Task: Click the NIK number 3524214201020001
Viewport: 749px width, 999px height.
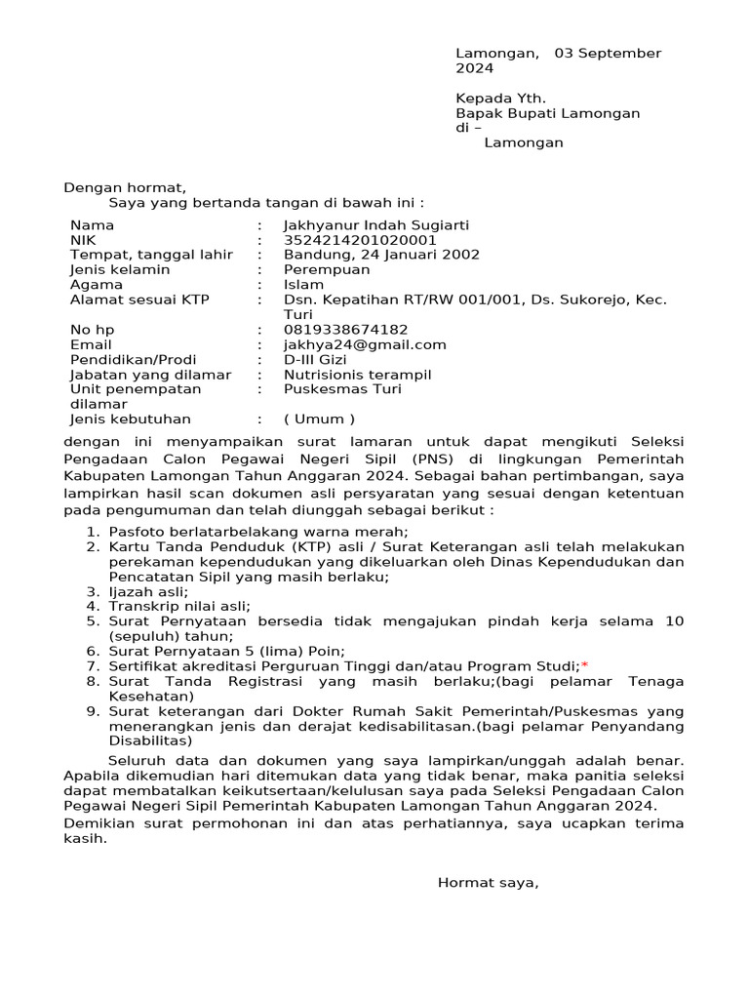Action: point(360,240)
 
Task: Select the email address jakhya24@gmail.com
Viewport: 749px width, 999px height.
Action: point(365,344)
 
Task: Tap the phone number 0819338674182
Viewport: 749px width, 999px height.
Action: point(345,330)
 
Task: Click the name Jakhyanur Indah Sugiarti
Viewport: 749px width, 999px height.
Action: point(375,225)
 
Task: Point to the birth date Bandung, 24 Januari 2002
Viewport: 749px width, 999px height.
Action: point(381,255)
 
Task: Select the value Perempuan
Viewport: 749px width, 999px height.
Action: point(327,269)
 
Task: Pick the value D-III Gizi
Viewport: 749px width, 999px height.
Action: point(315,359)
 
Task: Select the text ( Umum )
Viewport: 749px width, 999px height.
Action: point(319,420)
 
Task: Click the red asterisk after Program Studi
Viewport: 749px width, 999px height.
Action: point(584,665)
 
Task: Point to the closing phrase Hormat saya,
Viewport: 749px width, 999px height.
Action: point(488,883)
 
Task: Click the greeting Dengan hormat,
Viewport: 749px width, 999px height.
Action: point(124,187)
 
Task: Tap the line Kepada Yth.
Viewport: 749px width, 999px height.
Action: point(500,99)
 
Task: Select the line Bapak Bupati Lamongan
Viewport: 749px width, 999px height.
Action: point(547,113)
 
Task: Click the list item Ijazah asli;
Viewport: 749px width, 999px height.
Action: point(148,591)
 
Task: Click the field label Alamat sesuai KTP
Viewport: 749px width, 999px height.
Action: point(139,300)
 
